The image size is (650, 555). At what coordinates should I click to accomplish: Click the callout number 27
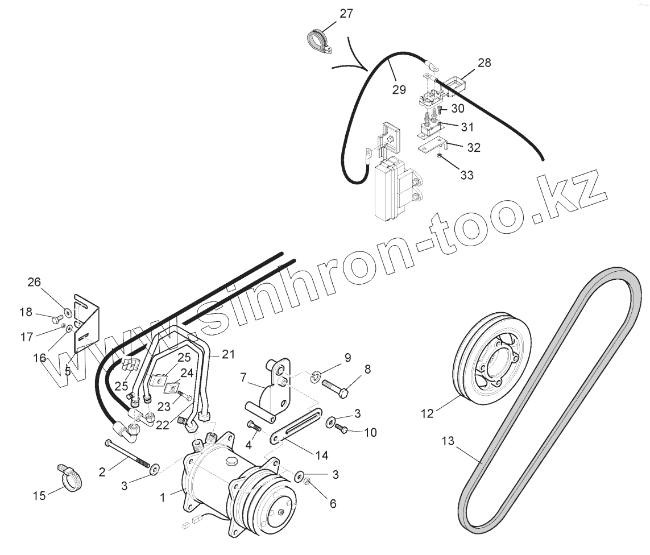[x=347, y=14]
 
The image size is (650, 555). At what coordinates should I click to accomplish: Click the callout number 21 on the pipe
[x=228, y=354]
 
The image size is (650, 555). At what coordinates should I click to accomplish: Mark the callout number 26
[x=34, y=281]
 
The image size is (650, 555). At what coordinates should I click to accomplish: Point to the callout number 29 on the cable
[x=399, y=89]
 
